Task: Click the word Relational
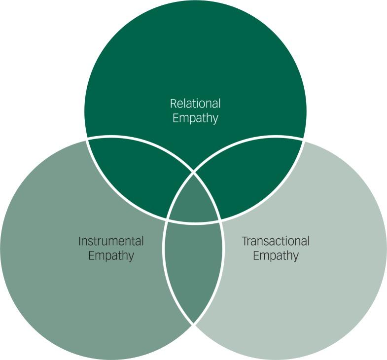coord(195,104)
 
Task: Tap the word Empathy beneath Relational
coord(195,118)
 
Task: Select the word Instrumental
coord(111,242)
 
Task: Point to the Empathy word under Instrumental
coord(111,256)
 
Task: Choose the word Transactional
coord(276,242)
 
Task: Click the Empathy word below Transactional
coord(276,256)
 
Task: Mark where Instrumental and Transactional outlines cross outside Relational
coord(194,324)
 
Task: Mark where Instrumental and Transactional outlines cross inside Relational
coord(194,173)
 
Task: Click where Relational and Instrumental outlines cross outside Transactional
coord(87,139)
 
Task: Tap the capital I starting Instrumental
coord(80,242)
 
